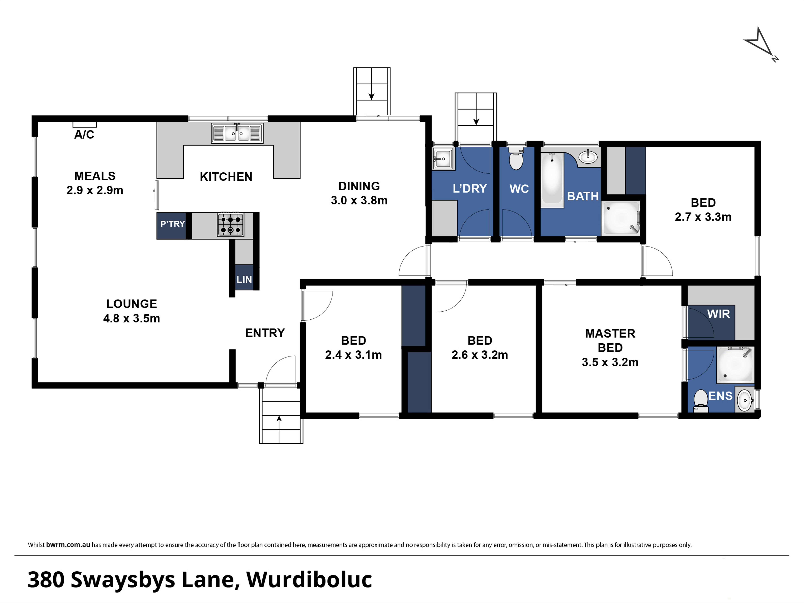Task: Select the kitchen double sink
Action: click(x=237, y=133)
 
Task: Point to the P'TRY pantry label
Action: click(x=173, y=224)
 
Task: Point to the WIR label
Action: click(x=719, y=314)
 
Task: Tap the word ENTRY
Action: click(x=265, y=333)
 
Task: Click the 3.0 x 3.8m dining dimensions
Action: click(x=359, y=201)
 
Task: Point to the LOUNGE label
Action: click(x=132, y=304)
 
